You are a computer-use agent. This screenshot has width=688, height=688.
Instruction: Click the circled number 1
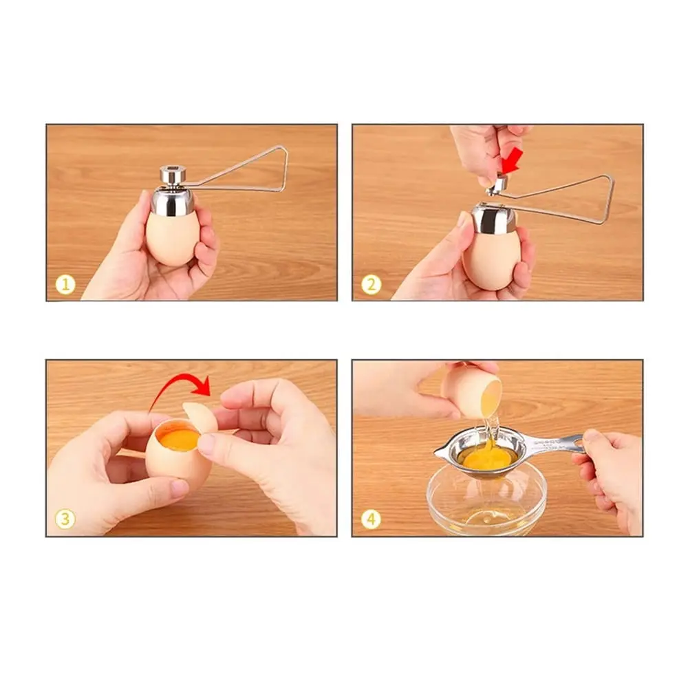[65, 286]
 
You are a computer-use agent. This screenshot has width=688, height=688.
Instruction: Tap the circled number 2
[372, 286]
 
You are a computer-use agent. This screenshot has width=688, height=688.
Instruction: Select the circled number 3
[65, 519]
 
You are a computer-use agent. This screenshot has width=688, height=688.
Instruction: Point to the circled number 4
[372, 519]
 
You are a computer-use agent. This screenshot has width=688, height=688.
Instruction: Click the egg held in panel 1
[171, 237]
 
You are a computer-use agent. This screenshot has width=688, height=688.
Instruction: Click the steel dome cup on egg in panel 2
[493, 219]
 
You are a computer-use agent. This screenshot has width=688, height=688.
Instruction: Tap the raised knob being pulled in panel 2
[497, 185]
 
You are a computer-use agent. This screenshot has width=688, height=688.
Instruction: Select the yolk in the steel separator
[488, 458]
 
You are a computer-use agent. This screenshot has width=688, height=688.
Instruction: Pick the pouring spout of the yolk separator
[440, 452]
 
